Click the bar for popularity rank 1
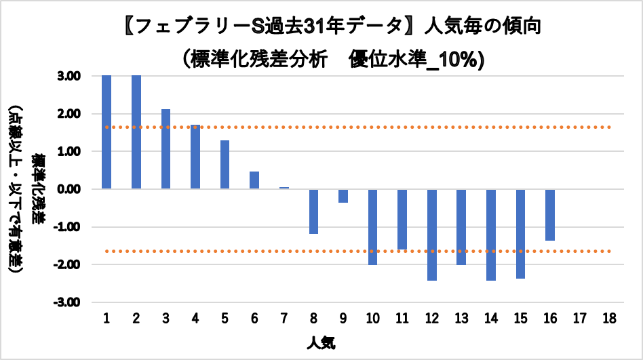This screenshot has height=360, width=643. coord(106,132)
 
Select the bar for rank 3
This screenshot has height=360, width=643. coord(165,148)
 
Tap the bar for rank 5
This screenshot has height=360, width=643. coord(225,164)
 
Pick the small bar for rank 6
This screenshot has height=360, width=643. coord(254,180)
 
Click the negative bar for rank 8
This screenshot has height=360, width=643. coord(313,211)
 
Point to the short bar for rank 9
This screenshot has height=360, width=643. coord(343,195)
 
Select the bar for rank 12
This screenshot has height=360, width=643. coord(432,234)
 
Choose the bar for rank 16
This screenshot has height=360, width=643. coord(550,214)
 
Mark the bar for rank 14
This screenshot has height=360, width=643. coord(491,234)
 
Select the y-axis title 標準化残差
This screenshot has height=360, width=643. coord(39,189)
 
